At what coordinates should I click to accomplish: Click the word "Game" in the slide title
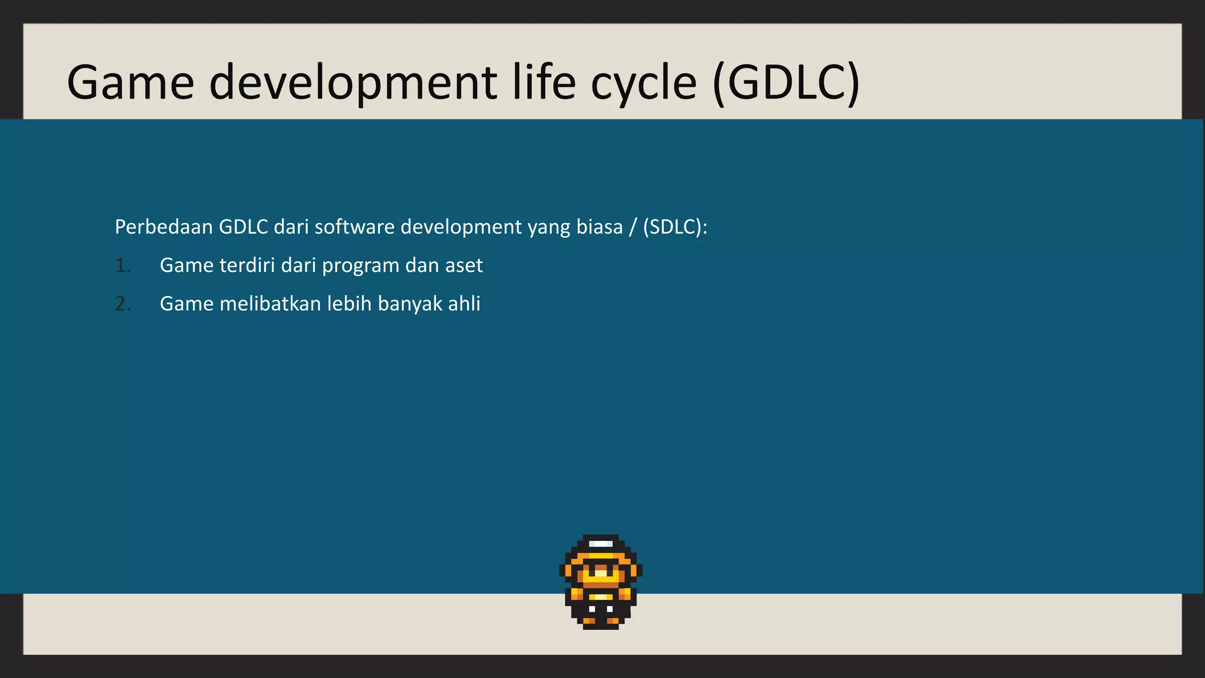tap(131, 82)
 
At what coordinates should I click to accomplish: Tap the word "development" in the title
tap(353, 82)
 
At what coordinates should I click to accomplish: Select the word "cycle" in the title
tap(644, 82)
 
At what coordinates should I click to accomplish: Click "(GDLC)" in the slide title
tap(786, 82)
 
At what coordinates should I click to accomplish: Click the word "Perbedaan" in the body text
tap(164, 227)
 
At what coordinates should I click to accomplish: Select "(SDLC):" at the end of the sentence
tap(675, 227)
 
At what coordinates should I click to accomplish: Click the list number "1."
tap(122, 265)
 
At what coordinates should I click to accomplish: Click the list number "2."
tap(122, 304)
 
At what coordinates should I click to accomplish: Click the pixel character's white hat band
tap(600, 543)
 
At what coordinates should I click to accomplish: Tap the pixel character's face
tap(600, 571)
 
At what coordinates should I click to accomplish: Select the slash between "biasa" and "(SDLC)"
tap(633, 227)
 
